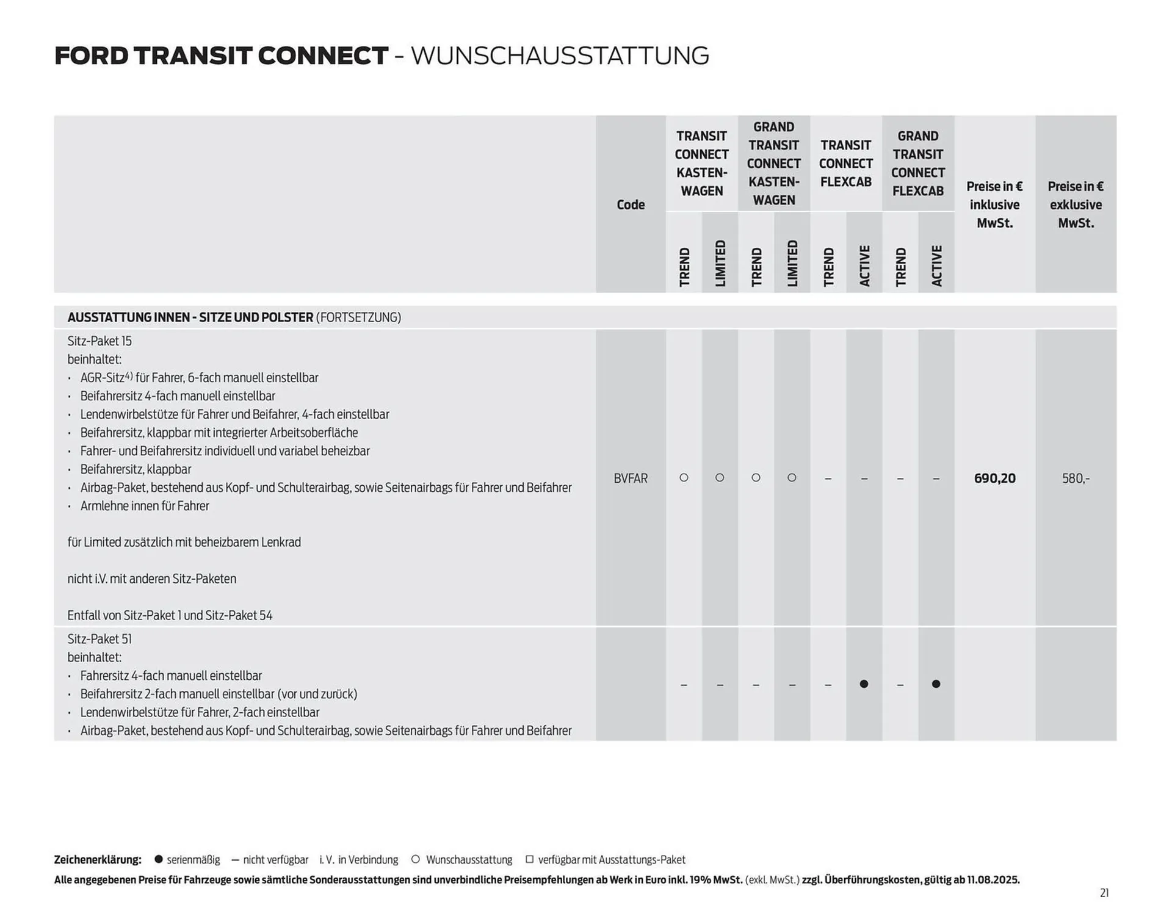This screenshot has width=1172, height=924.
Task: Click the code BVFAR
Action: point(631,478)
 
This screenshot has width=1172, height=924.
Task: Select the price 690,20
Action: point(994,478)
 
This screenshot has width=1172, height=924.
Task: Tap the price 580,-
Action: point(1076,478)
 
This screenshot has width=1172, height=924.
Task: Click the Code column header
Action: point(631,204)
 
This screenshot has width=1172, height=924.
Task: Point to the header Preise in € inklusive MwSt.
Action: point(994,204)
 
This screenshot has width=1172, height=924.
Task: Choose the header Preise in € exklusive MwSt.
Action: point(1076,204)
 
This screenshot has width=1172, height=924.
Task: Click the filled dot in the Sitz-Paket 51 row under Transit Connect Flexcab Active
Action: point(864,684)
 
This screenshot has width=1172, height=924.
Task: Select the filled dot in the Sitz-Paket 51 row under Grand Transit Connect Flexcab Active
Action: point(936,684)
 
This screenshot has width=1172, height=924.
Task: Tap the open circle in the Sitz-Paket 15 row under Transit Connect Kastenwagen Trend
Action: point(684,478)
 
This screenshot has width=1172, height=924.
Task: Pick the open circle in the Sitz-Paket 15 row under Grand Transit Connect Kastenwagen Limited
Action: point(792,478)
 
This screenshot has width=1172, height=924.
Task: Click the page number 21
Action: point(1104,893)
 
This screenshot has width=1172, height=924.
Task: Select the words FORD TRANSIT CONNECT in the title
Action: point(221,56)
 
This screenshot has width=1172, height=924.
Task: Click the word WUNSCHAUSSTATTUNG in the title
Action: point(560,56)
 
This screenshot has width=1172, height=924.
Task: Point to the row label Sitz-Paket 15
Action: point(99,341)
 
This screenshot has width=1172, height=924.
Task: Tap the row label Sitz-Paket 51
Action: point(99,639)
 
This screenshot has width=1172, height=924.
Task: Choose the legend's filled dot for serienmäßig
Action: point(159,859)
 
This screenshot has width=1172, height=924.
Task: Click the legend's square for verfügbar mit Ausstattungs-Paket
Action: point(529,859)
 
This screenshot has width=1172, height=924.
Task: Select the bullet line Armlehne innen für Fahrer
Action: point(145,506)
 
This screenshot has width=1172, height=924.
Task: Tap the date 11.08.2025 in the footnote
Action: point(992,879)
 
